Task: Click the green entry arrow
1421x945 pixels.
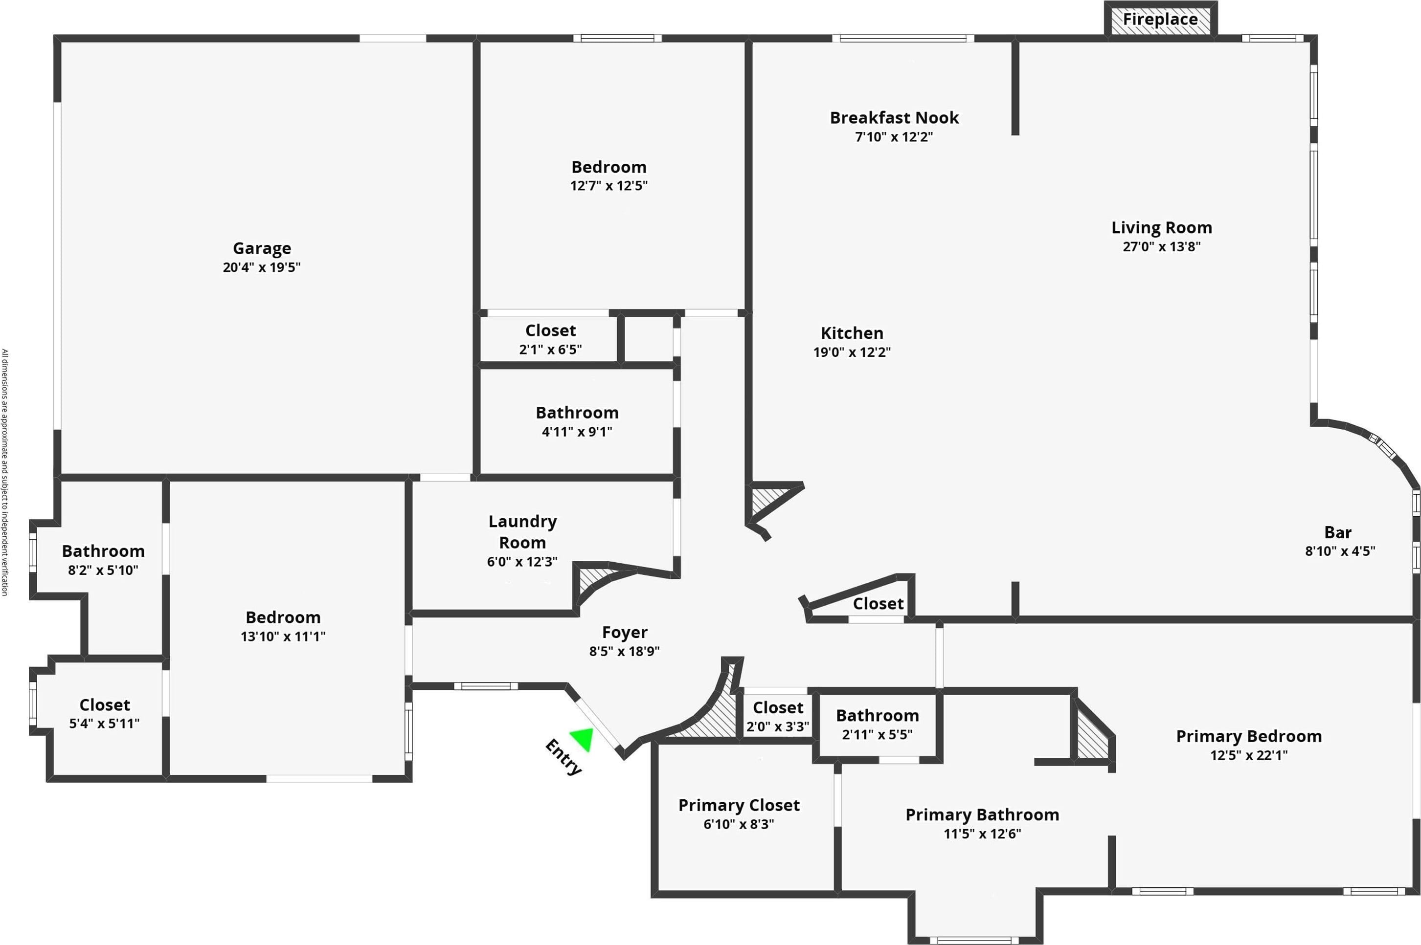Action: (x=584, y=738)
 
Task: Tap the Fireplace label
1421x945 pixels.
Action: (x=1160, y=19)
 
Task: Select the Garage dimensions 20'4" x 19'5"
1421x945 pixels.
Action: (x=262, y=267)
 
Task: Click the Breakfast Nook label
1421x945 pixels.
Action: (x=894, y=117)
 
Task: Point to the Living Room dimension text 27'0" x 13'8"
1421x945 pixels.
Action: (x=1161, y=246)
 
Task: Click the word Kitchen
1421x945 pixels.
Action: (x=852, y=333)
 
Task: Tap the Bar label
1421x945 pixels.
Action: (x=1338, y=533)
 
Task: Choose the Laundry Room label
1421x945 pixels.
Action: (x=522, y=531)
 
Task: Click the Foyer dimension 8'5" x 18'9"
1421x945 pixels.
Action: (x=624, y=651)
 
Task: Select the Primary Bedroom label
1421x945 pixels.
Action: (x=1249, y=736)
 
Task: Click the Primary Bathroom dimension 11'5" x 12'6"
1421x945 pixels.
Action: (x=982, y=834)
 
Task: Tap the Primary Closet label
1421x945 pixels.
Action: (x=739, y=805)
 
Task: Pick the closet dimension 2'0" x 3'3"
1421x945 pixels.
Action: (x=778, y=727)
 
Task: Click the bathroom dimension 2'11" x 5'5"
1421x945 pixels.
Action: (x=877, y=735)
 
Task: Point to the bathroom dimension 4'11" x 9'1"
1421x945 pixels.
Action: (x=577, y=432)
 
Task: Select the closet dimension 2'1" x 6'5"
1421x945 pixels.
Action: (x=550, y=350)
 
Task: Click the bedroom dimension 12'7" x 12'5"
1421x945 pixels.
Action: (x=609, y=186)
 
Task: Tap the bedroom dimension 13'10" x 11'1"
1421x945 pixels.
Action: (x=283, y=637)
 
